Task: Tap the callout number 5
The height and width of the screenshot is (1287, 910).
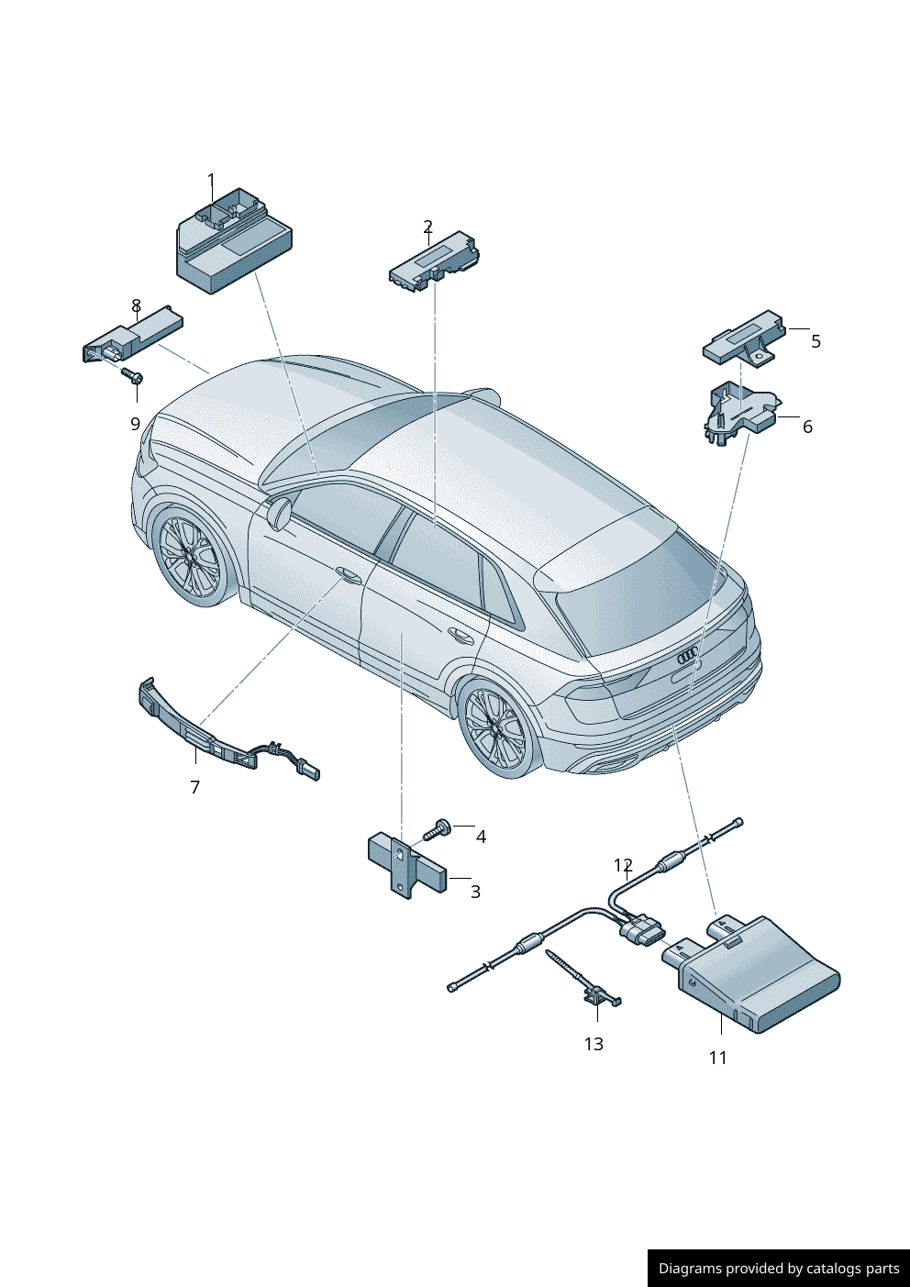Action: coord(816,341)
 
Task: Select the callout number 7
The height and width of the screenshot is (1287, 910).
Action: coord(194,787)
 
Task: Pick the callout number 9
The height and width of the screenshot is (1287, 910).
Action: coord(135,424)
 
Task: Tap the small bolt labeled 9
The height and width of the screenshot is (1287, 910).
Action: coord(132,376)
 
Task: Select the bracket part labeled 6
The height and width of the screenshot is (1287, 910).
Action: coord(741,413)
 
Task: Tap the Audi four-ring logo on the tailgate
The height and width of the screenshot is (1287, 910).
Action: coord(688,655)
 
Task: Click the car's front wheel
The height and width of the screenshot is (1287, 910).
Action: coord(190,555)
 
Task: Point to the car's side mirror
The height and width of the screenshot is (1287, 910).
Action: coord(279,511)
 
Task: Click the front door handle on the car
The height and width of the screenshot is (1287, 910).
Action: coord(349,574)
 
